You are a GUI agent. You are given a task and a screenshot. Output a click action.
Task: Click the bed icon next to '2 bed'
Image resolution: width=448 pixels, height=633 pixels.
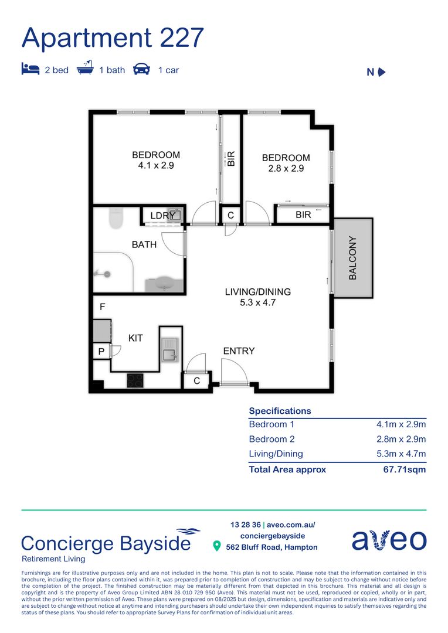coord(30,69)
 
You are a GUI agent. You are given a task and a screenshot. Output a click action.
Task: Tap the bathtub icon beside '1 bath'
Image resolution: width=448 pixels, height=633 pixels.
coord(86,69)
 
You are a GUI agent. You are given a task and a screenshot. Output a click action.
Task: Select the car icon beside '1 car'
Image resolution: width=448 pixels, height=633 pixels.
coord(141,69)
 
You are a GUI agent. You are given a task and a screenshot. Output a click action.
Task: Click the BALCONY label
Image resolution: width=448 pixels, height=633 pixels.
coord(352,258)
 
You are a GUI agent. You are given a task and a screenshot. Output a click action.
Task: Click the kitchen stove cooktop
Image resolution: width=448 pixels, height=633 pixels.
coord(137,380)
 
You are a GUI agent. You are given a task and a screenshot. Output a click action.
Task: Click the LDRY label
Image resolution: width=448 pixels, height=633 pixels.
coord(162,216)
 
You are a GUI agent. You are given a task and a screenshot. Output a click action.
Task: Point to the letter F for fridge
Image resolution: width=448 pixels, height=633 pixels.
coord(102,307)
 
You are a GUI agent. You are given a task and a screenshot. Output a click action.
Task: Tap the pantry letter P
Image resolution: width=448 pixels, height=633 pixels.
coord(101,352)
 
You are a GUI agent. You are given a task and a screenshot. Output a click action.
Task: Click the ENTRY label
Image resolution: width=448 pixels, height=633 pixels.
coord(239,351)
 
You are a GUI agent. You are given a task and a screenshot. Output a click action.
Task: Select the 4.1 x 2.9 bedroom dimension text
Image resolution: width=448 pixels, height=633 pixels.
coord(156,165)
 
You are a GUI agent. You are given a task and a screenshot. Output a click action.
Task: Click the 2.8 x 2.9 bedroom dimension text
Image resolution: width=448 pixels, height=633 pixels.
coord(286,168)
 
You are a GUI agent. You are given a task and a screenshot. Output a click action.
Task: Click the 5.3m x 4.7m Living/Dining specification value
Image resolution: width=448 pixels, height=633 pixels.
coord(401,454)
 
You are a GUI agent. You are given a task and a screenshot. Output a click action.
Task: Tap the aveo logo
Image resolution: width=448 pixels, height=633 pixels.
coord(389,540)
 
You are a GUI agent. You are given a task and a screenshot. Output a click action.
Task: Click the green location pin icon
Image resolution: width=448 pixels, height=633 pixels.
coord(216,547)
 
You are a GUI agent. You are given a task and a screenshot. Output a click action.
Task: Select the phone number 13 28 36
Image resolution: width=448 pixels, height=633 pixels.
coord(245,525)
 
